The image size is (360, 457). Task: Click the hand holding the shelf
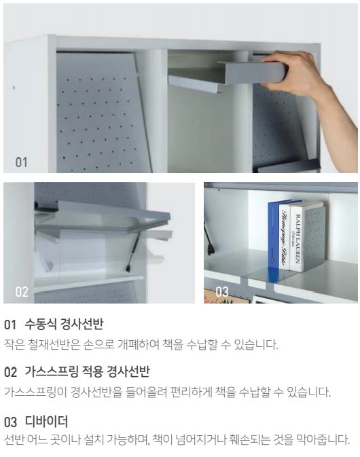point(294,73)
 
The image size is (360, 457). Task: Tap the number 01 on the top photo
point(21,162)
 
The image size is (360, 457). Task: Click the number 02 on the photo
point(22,292)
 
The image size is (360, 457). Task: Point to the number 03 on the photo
point(222,292)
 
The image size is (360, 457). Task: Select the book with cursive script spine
point(284,237)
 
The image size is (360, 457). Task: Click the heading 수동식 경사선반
point(64,324)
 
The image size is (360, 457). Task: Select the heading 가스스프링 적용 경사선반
point(87,372)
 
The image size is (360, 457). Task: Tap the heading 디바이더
point(46,422)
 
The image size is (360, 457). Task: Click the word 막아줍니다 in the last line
point(323,439)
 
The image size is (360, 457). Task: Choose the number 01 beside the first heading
point(10,325)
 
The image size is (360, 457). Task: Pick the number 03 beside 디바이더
point(10,422)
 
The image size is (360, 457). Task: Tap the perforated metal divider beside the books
point(313,239)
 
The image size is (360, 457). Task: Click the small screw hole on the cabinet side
point(14,87)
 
